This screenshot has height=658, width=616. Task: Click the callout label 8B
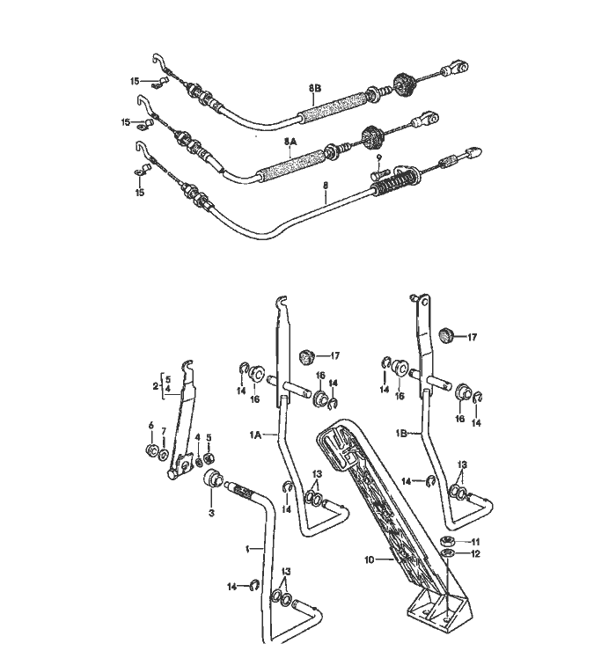coord(315,89)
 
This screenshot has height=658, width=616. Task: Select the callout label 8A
coord(290,142)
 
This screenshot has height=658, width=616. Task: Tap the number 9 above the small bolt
coord(378,157)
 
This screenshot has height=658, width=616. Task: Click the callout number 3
coord(211,513)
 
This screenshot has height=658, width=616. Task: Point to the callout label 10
coord(369,559)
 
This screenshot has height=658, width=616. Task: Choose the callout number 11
coord(475,542)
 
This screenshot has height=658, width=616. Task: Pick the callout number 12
coord(475,554)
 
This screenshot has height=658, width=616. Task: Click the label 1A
coord(255,435)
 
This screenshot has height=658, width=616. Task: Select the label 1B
coord(401,434)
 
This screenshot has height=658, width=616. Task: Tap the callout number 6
coord(151,426)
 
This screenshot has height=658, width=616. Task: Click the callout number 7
coord(164,431)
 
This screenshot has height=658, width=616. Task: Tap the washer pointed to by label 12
coord(448,553)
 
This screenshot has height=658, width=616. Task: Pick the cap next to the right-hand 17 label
coord(446,335)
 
